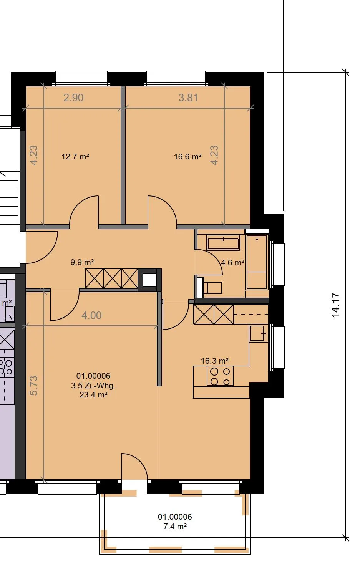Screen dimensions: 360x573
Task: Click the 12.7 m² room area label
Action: click(x=75, y=157)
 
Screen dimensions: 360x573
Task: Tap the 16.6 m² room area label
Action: click(x=188, y=157)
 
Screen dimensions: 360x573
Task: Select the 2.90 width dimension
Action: click(x=73, y=98)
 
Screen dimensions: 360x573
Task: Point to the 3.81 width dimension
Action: click(x=188, y=98)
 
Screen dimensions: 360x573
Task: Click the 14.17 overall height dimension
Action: click(x=335, y=305)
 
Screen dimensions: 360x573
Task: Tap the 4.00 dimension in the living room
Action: click(x=91, y=315)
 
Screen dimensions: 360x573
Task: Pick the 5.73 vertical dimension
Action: click(x=33, y=386)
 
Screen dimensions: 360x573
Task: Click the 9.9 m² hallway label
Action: click(x=82, y=262)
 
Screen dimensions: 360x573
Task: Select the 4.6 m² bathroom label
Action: click(x=232, y=262)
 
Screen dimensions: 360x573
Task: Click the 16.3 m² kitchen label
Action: click(x=215, y=361)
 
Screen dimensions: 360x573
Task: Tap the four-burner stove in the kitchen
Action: click(x=220, y=376)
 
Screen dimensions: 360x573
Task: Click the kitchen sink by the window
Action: click(x=257, y=333)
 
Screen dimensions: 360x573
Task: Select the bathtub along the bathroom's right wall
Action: click(x=257, y=262)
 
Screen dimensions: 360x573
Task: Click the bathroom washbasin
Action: click(x=223, y=242)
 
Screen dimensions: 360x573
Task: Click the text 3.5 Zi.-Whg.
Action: click(x=93, y=385)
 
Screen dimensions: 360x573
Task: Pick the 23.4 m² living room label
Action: click(x=93, y=395)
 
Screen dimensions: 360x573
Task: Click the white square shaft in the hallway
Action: click(x=149, y=280)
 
